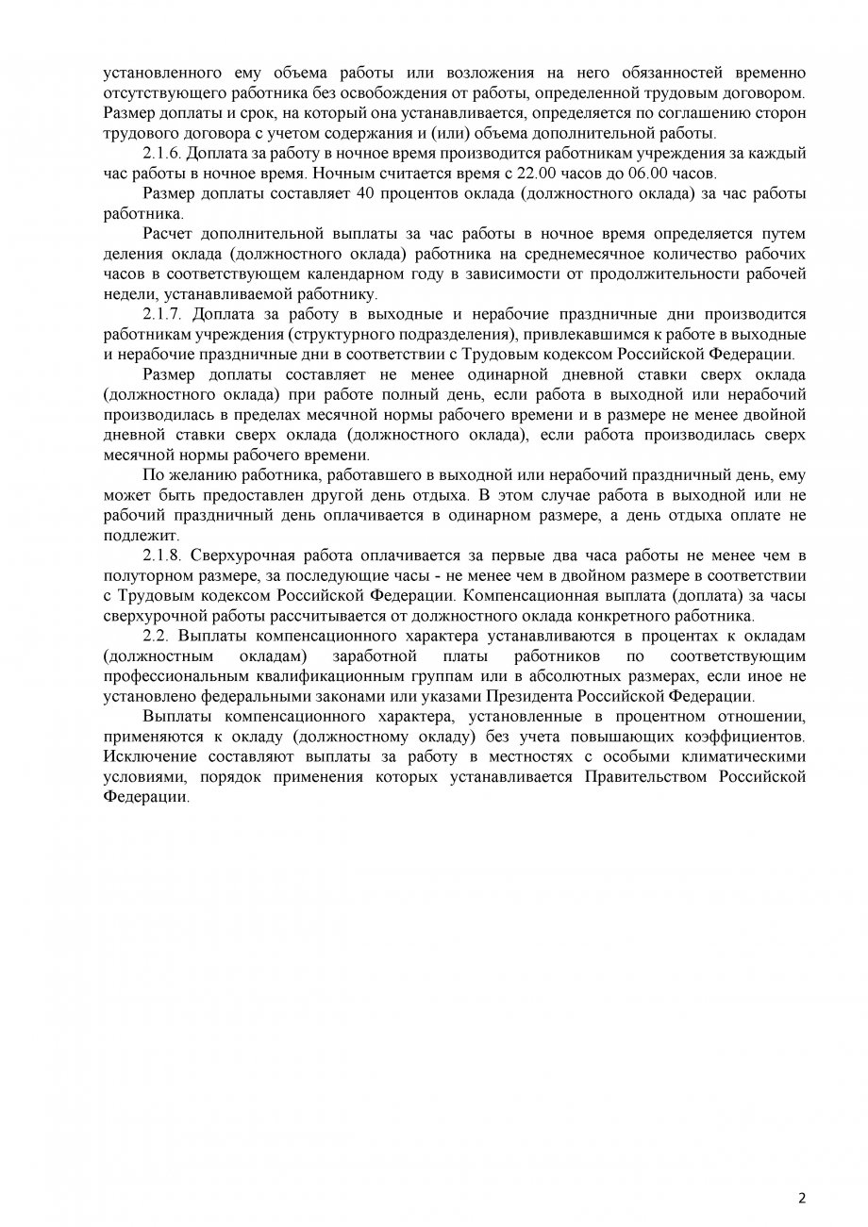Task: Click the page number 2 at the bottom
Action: (x=802, y=1199)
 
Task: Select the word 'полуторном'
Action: (x=147, y=575)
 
